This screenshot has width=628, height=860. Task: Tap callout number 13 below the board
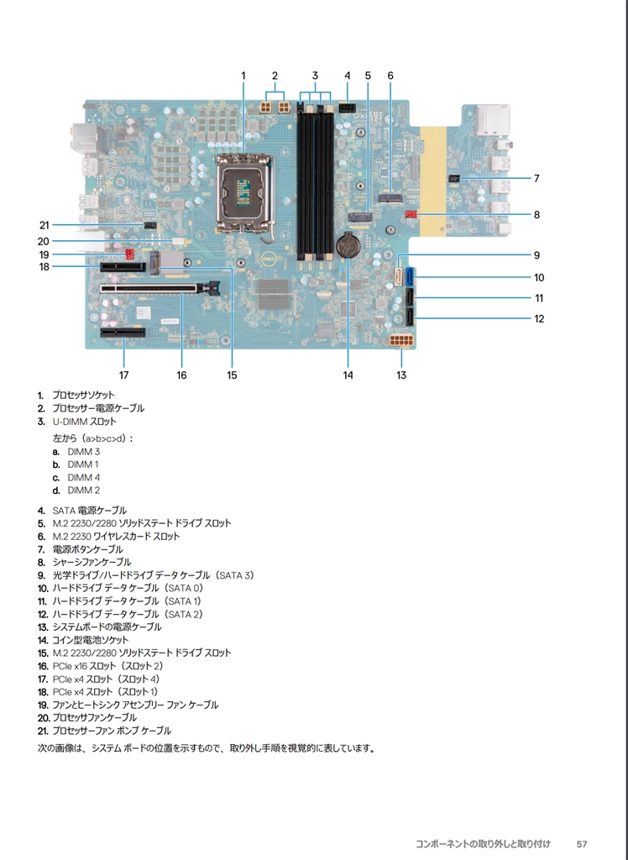[401, 375]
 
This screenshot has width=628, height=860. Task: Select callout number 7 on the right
[536, 178]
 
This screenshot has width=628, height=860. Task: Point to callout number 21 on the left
[44, 224]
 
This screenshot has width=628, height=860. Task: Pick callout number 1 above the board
[243, 76]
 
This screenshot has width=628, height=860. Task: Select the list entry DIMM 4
[83, 477]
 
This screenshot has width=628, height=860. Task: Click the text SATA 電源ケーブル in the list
[89, 510]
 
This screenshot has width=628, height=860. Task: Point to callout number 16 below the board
[181, 375]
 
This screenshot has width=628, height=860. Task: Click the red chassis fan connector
[411, 215]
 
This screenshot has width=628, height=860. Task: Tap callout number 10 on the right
[539, 277]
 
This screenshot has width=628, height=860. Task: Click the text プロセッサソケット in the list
[83, 395]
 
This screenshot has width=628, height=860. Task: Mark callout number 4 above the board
[347, 76]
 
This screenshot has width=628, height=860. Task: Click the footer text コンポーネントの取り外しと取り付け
[483, 842]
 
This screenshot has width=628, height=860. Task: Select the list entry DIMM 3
[83, 451]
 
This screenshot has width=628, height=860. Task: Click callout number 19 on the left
[44, 254]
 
